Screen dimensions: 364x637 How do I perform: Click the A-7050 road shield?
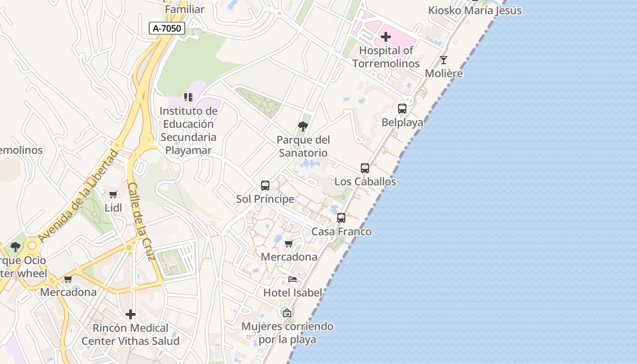tap(167, 28)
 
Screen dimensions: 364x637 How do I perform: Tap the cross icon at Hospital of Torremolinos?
tap(386, 37)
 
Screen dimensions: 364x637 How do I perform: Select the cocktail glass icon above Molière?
tap(444, 60)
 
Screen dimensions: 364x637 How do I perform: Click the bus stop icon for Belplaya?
tap(402, 109)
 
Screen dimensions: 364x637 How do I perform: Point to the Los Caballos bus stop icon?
tap(365, 168)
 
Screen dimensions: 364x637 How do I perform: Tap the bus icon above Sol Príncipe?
tap(265, 186)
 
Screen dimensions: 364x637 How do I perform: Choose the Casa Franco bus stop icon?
tap(341, 218)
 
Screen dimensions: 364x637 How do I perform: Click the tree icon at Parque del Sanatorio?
tap(303, 126)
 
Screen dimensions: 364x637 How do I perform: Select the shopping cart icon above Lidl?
tap(113, 195)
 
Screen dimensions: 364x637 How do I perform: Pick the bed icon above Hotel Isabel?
tap(293, 279)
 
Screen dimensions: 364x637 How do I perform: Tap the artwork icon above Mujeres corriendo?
tap(287, 313)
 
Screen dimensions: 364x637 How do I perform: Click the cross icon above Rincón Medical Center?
tap(131, 314)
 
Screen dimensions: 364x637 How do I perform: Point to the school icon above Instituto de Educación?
tap(188, 97)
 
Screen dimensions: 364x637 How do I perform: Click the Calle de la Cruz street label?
tap(142, 222)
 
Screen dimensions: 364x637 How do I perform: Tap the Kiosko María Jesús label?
tap(475, 10)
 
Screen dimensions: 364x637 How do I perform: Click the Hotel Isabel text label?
tap(293, 293)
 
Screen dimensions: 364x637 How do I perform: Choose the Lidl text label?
tap(113, 208)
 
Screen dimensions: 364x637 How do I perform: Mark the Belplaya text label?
tap(402, 122)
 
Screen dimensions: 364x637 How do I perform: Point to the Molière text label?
tap(444, 73)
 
